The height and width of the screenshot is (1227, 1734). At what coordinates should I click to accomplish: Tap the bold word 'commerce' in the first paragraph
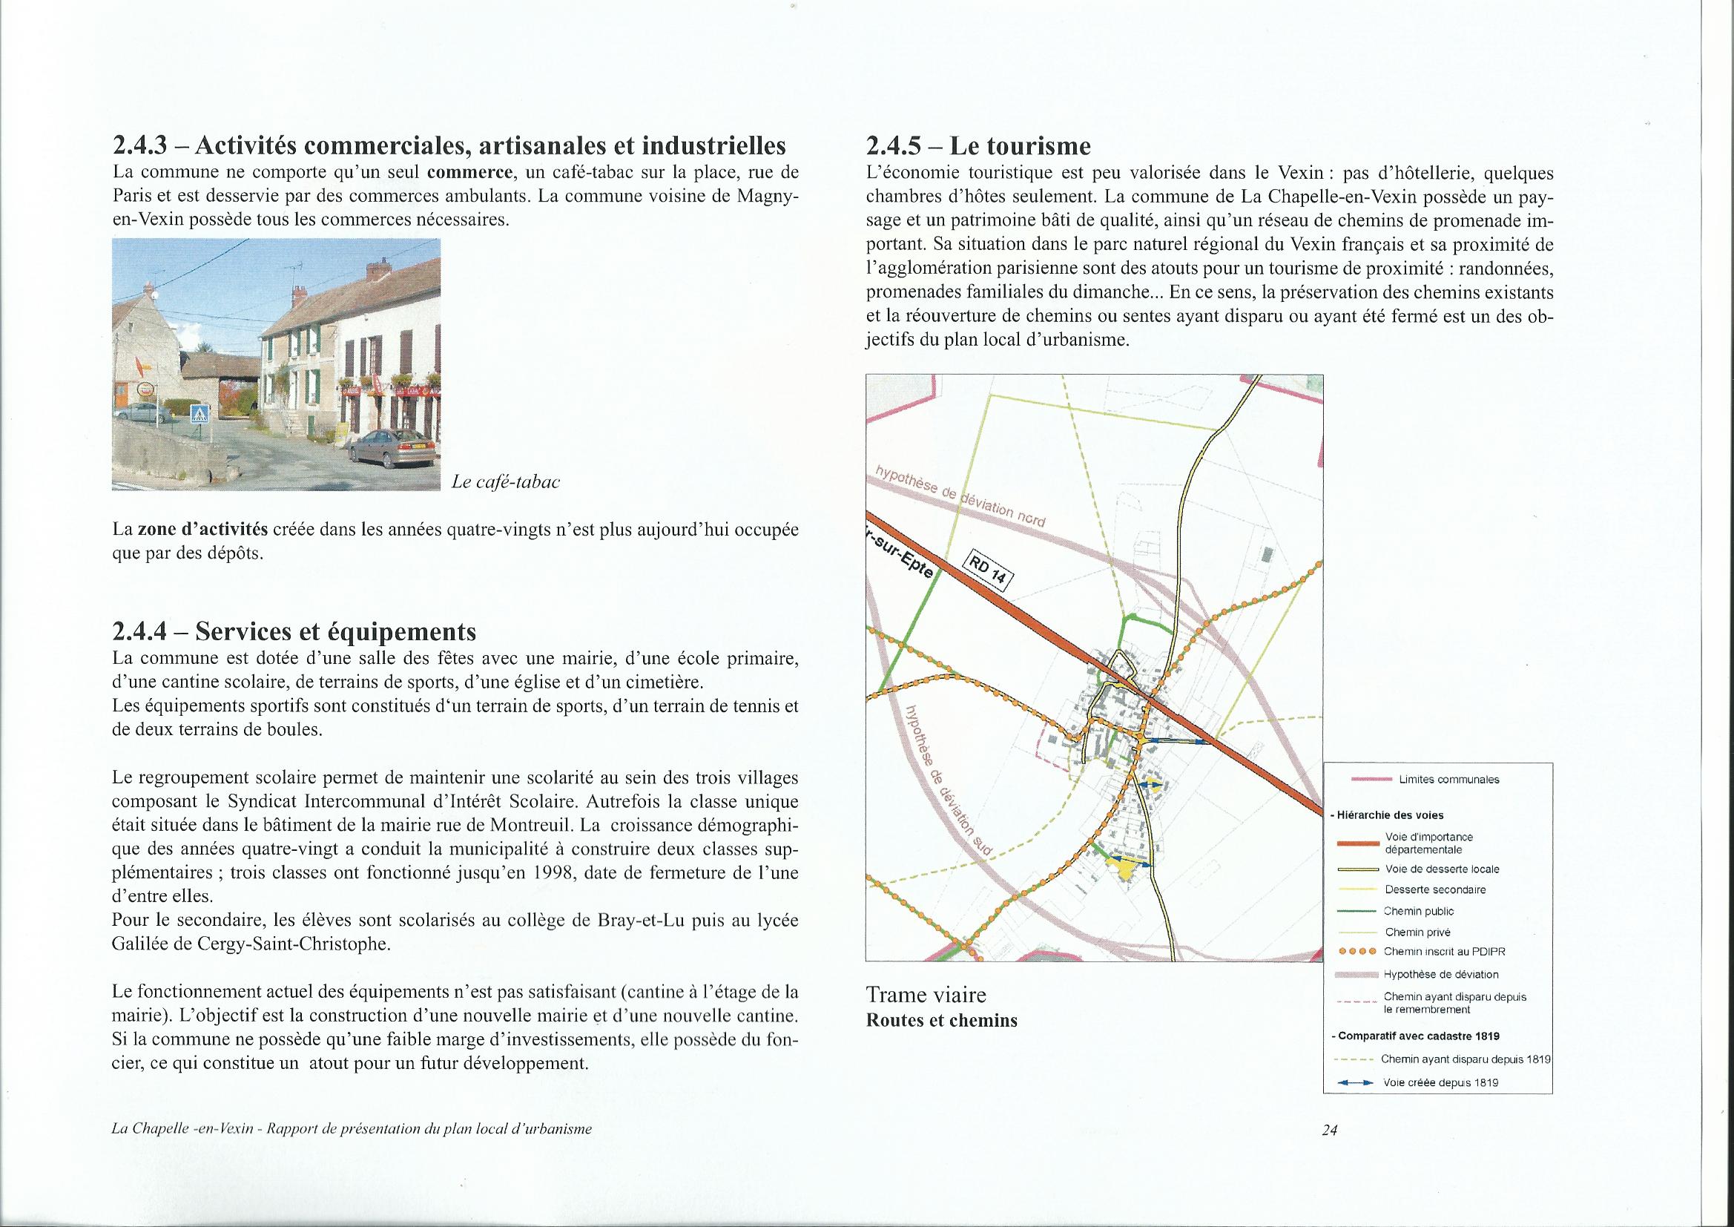pos(466,172)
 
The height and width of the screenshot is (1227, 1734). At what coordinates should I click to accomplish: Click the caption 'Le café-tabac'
pos(505,482)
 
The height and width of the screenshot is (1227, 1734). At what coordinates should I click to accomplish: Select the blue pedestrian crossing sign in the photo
pos(200,413)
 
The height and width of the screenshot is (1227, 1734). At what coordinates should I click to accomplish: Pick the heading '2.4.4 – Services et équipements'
pos(294,631)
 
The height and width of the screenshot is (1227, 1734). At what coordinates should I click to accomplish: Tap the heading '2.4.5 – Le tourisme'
pos(978,145)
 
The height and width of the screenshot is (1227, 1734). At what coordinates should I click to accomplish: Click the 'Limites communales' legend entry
pos(1448,780)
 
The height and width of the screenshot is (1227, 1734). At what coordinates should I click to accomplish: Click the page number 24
pos(1329,1151)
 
